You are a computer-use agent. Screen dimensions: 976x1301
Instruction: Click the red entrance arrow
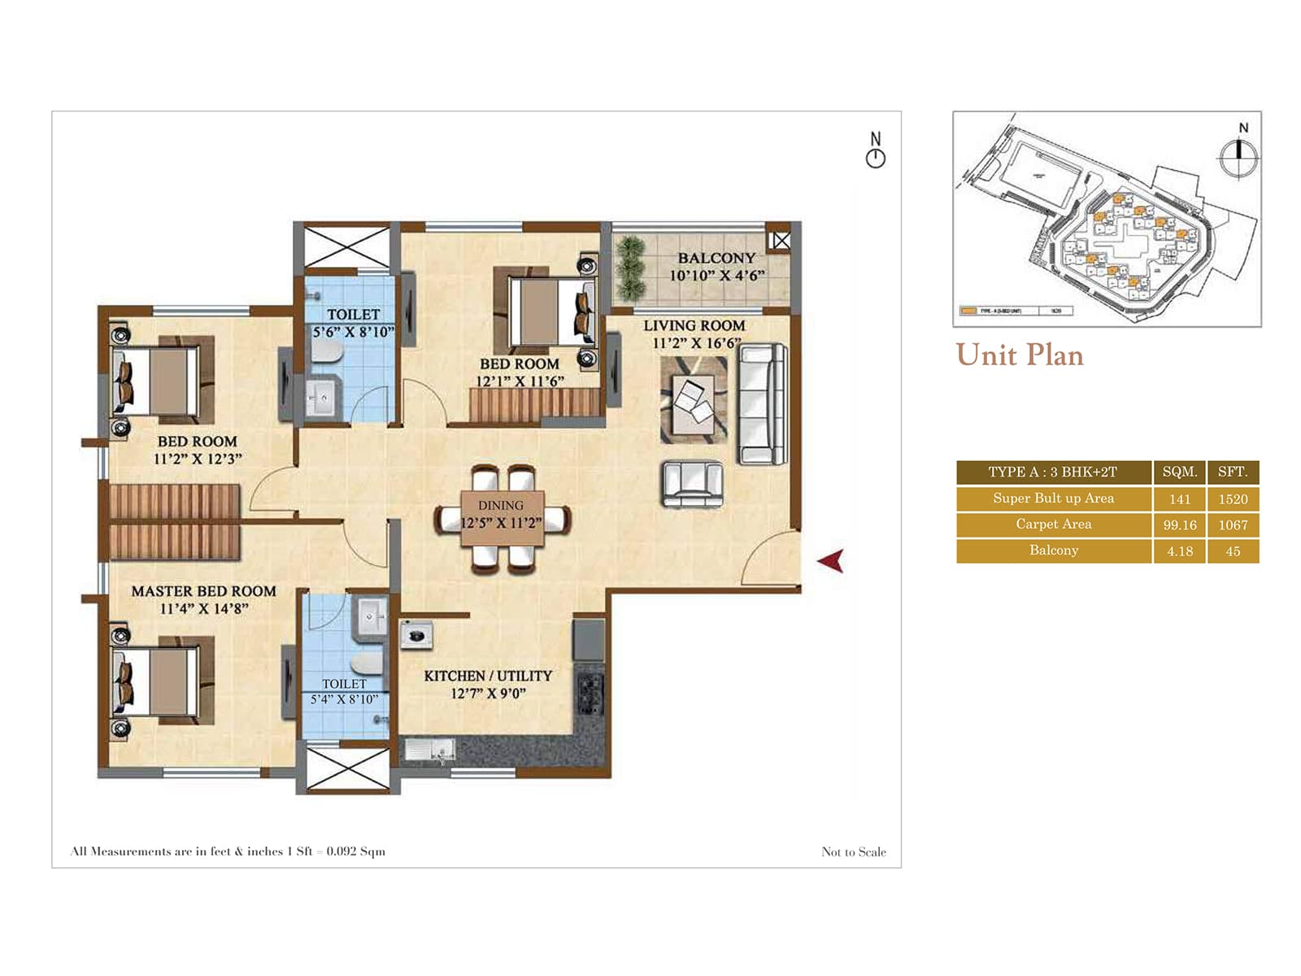831,560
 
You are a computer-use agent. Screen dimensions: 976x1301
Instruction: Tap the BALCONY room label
716,258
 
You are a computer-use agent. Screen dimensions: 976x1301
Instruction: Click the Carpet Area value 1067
1233,525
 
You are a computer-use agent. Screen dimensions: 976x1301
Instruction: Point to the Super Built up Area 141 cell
1179,499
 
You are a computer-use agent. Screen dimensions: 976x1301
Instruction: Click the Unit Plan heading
1020,355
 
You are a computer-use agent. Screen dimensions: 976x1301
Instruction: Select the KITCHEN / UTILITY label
488,676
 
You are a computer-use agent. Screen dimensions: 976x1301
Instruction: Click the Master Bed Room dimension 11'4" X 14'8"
203,608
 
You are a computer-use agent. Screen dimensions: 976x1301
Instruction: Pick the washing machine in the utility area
416,634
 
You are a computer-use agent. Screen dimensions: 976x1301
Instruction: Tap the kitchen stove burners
590,691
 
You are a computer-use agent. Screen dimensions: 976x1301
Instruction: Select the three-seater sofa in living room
762,404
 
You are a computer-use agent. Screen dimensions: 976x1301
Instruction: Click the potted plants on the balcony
629,268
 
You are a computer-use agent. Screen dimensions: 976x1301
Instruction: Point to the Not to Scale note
853,852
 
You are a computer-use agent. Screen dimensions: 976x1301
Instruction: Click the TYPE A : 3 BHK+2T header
1052,472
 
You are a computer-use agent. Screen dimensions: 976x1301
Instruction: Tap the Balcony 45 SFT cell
1233,551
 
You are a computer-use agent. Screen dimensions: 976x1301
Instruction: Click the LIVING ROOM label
694,325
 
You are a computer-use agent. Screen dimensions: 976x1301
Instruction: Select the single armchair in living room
693,484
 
